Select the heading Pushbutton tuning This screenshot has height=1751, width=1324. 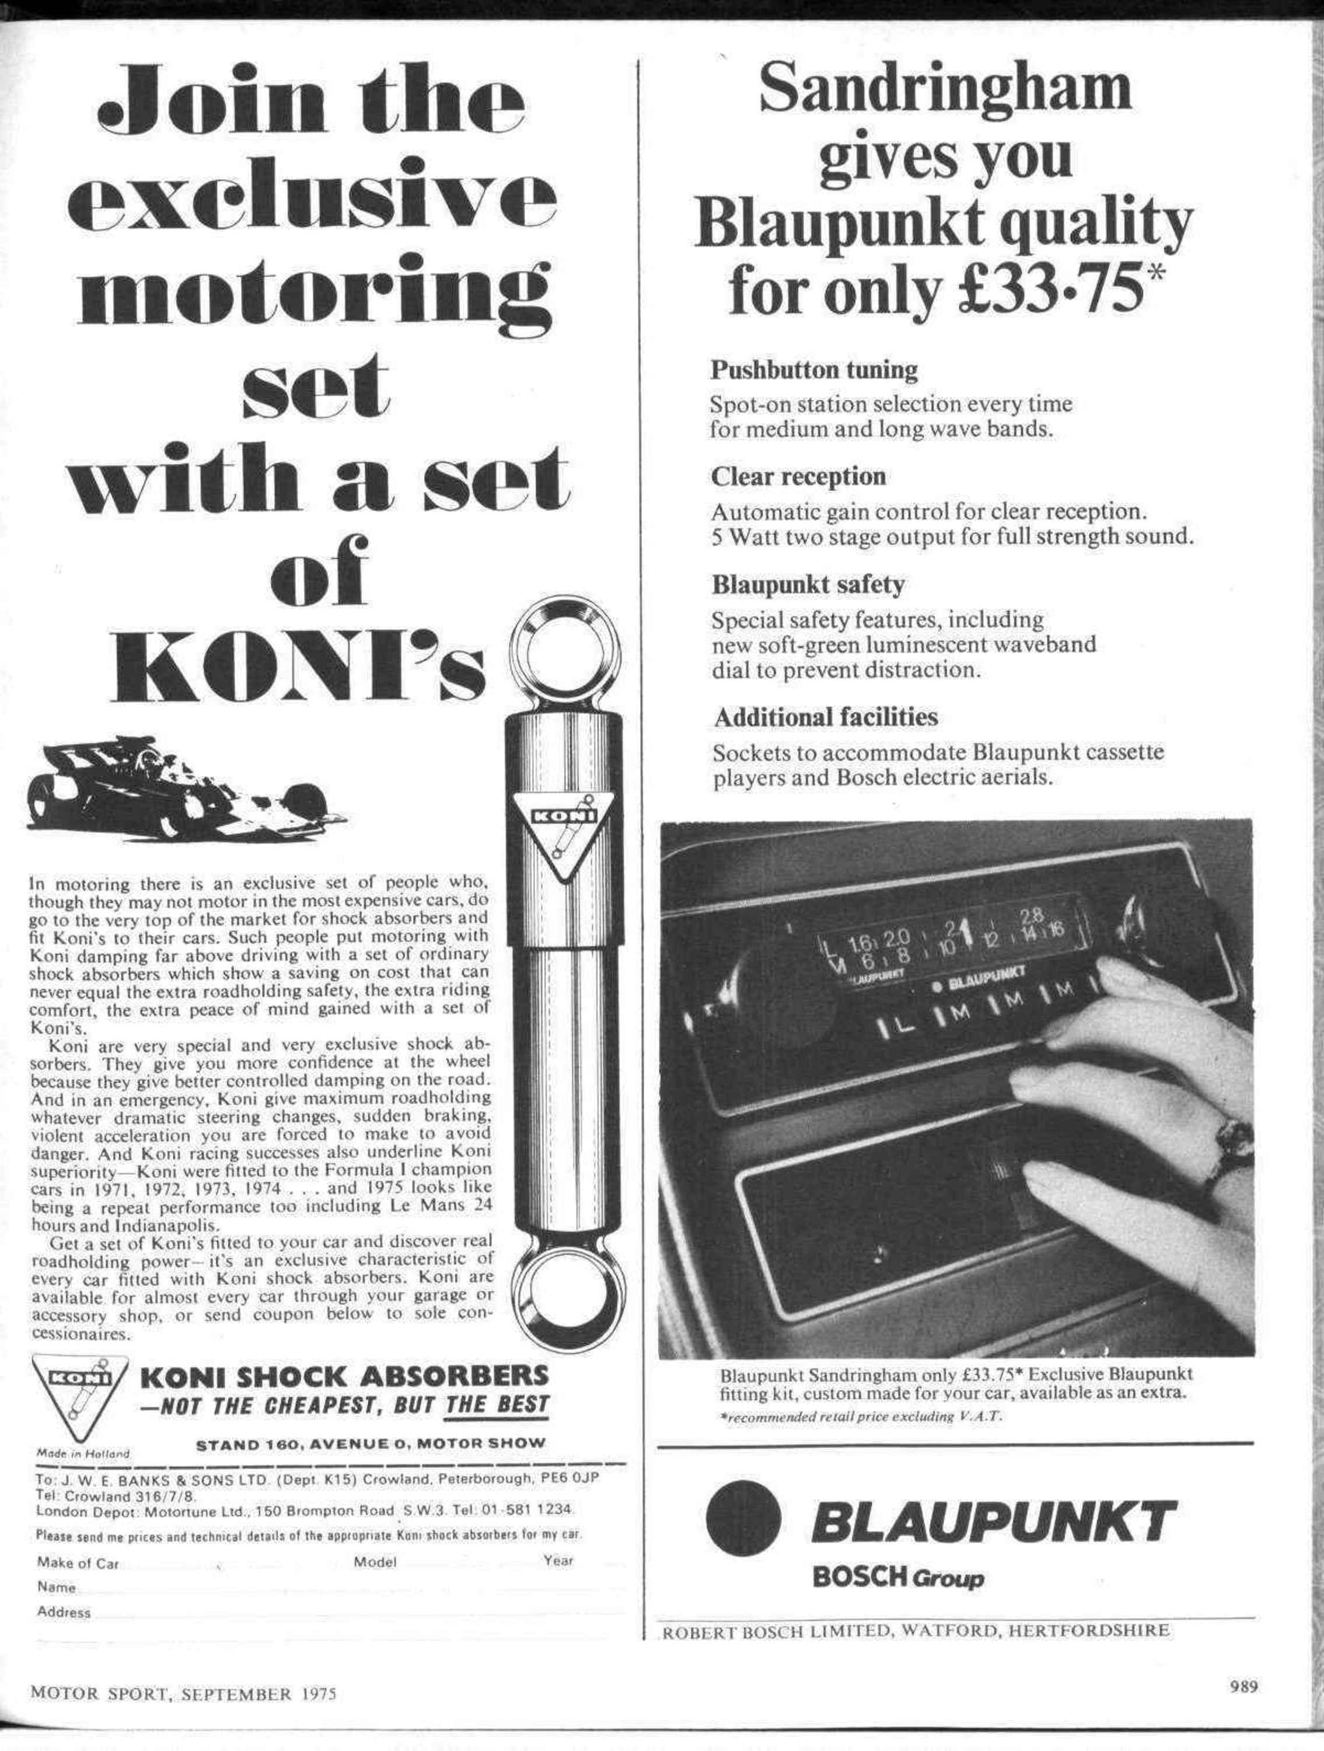813,369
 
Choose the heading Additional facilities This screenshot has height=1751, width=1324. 825,717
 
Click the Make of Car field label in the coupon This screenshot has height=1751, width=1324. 78,1564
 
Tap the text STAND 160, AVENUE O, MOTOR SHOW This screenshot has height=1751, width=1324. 371,1442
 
